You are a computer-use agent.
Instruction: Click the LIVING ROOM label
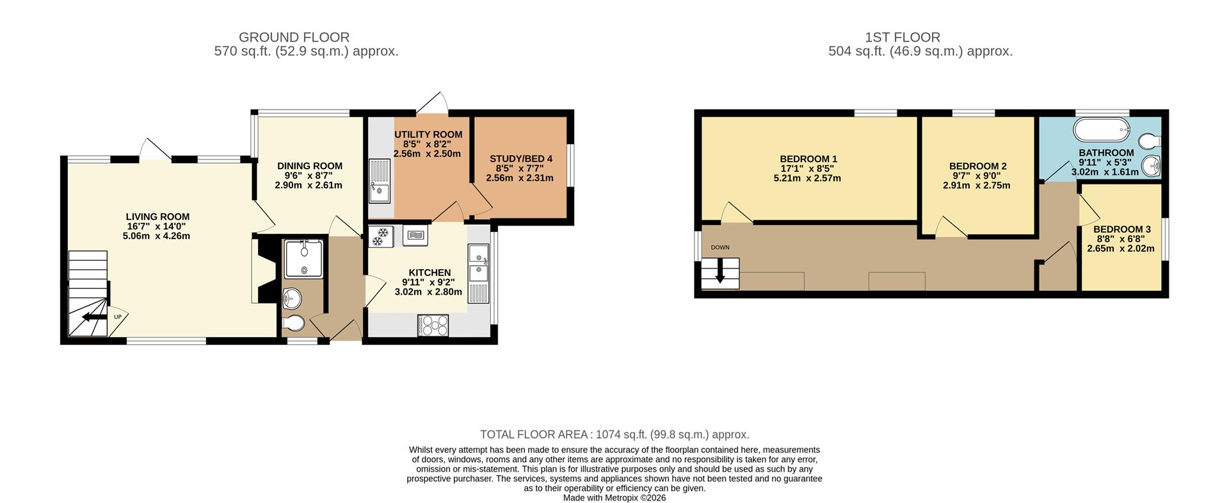tap(157, 217)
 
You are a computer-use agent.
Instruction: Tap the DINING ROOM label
tap(310, 166)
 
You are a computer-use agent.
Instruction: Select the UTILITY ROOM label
tap(428, 135)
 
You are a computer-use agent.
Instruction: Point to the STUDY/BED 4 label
tap(521, 159)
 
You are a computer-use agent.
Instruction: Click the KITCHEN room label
tap(430, 272)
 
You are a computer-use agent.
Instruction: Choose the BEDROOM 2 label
tap(977, 167)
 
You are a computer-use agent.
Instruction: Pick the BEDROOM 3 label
tap(1122, 229)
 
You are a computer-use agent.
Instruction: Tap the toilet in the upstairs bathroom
tap(1150, 140)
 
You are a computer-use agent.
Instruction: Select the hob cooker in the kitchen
tap(433, 326)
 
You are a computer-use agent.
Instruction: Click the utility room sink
tap(379, 180)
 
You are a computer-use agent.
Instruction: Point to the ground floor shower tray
tap(304, 259)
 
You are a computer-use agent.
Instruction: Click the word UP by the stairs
tap(118, 317)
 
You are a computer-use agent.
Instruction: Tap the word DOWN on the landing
tap(720, 247)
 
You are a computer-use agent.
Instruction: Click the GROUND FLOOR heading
tap(294, 37)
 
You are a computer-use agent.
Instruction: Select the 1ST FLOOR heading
tap(903, 37)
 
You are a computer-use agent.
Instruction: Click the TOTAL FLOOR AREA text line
tap(614, 434)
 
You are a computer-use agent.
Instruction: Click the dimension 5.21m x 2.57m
tap(807, 178)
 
